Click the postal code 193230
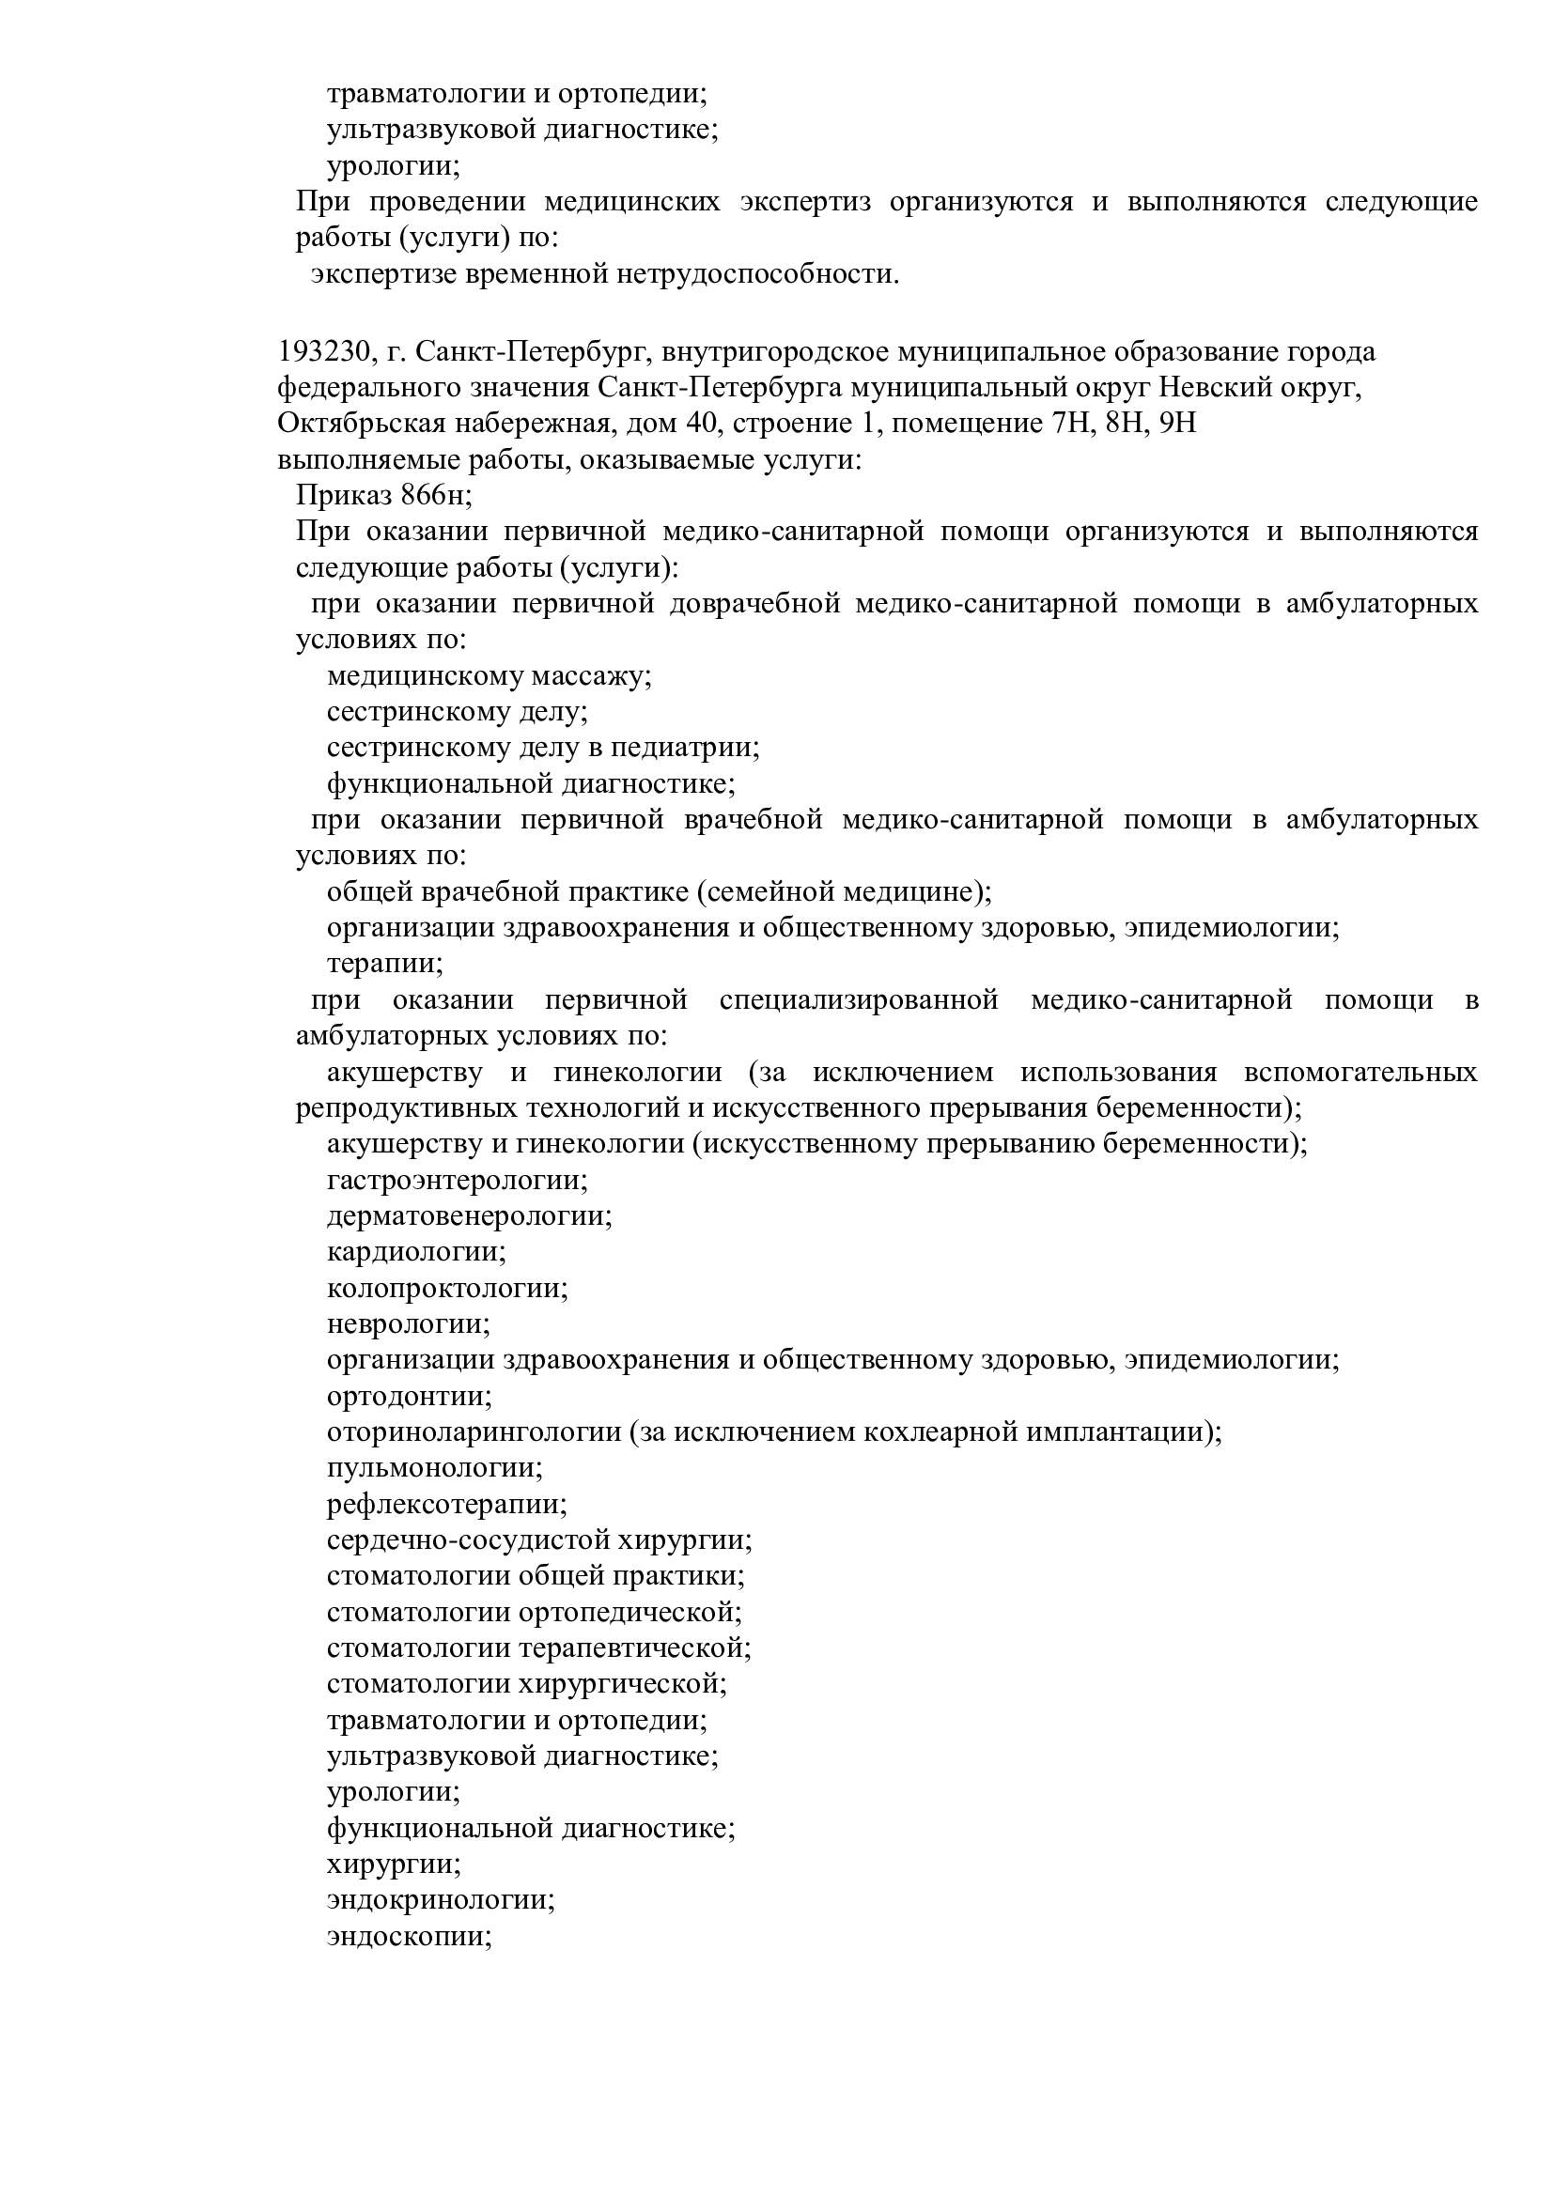coord(323,352)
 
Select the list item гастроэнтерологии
coord(457,1181)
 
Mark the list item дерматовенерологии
coord(469,1216)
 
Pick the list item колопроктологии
coord(447,1289)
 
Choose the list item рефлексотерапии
coord(447,1505)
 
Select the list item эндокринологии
coord(440,1938)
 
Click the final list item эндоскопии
coord(409,1973)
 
